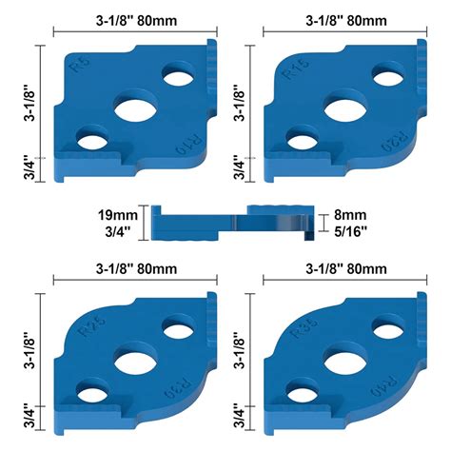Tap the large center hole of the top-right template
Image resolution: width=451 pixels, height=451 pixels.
(343, 108)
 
